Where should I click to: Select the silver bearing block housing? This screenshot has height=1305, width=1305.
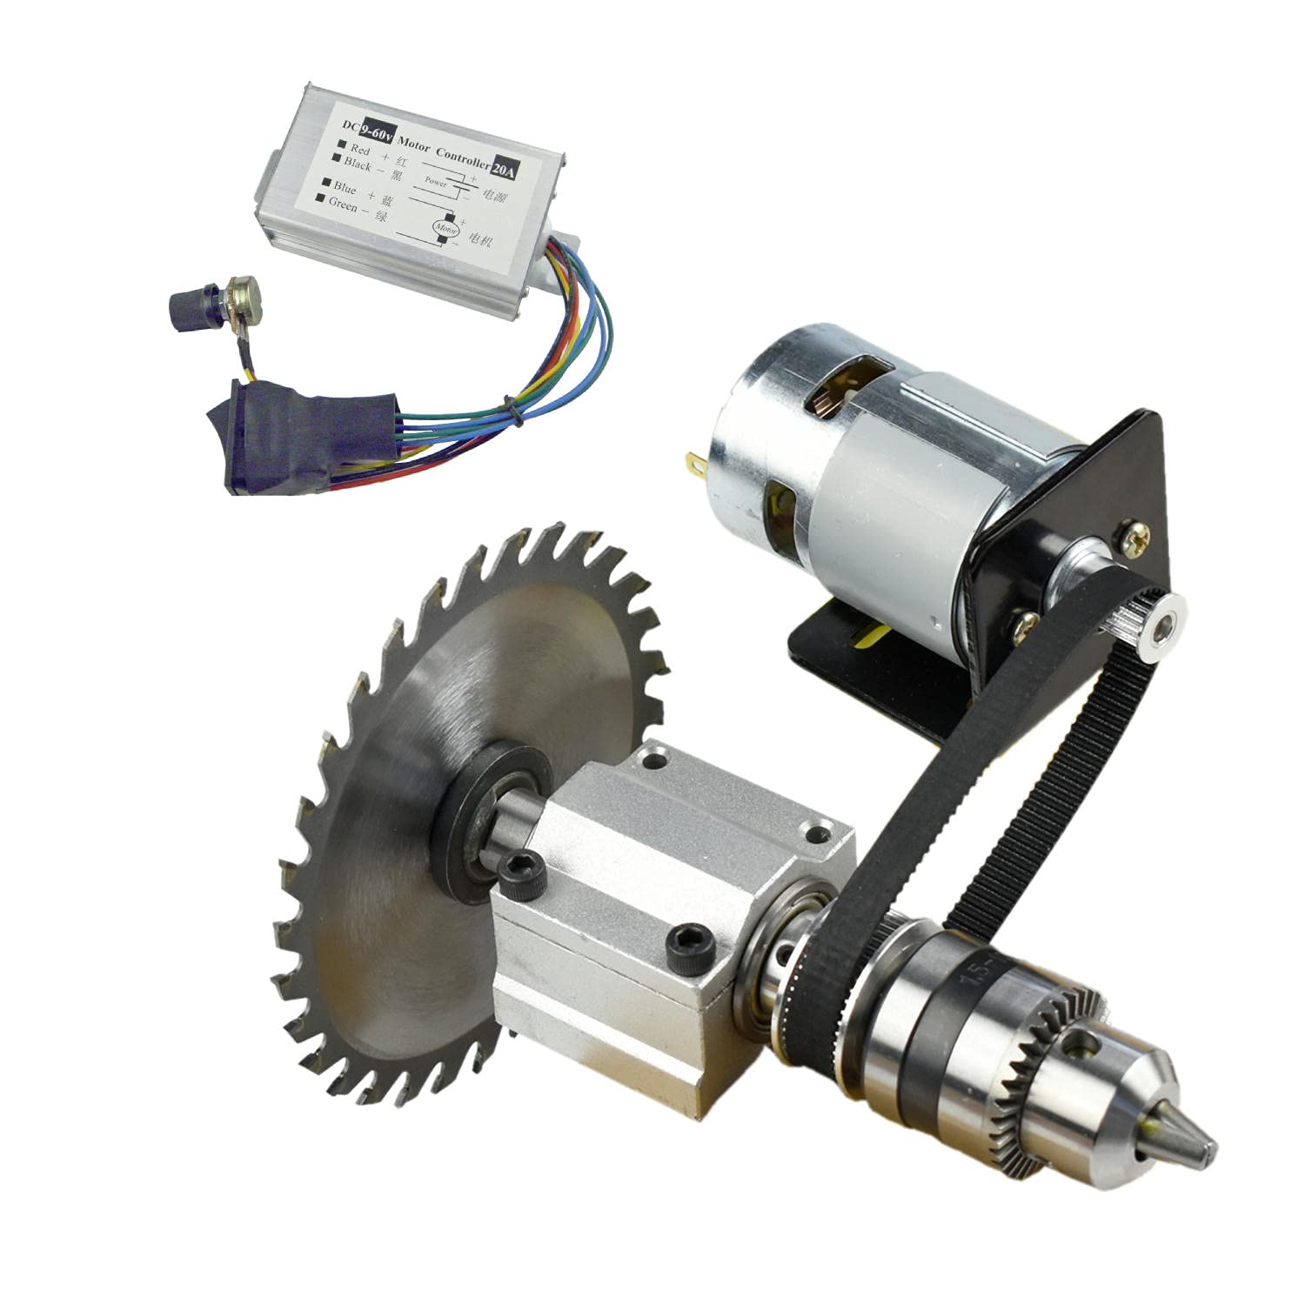point(661,879)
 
